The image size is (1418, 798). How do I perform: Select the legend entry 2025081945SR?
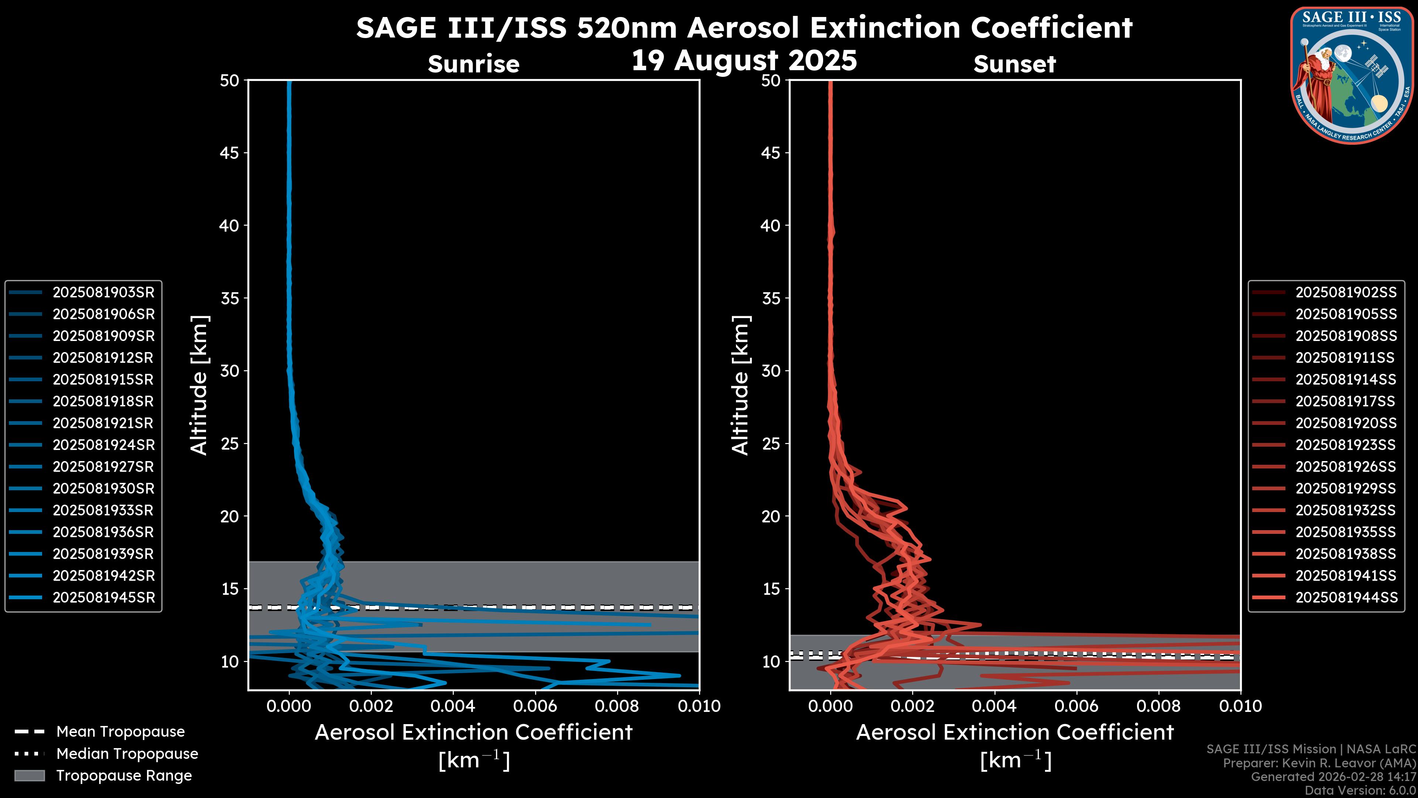103,597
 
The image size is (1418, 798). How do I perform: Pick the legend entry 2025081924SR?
103,445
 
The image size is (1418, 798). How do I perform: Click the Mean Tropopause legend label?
120,732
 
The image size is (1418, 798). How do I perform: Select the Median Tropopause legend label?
127,753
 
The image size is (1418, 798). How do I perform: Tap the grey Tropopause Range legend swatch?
29,775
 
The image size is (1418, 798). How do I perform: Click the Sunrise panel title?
473,64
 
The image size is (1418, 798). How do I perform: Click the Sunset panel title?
1014,64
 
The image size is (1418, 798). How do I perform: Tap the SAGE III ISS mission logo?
1352,75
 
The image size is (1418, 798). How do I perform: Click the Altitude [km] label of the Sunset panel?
740,385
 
